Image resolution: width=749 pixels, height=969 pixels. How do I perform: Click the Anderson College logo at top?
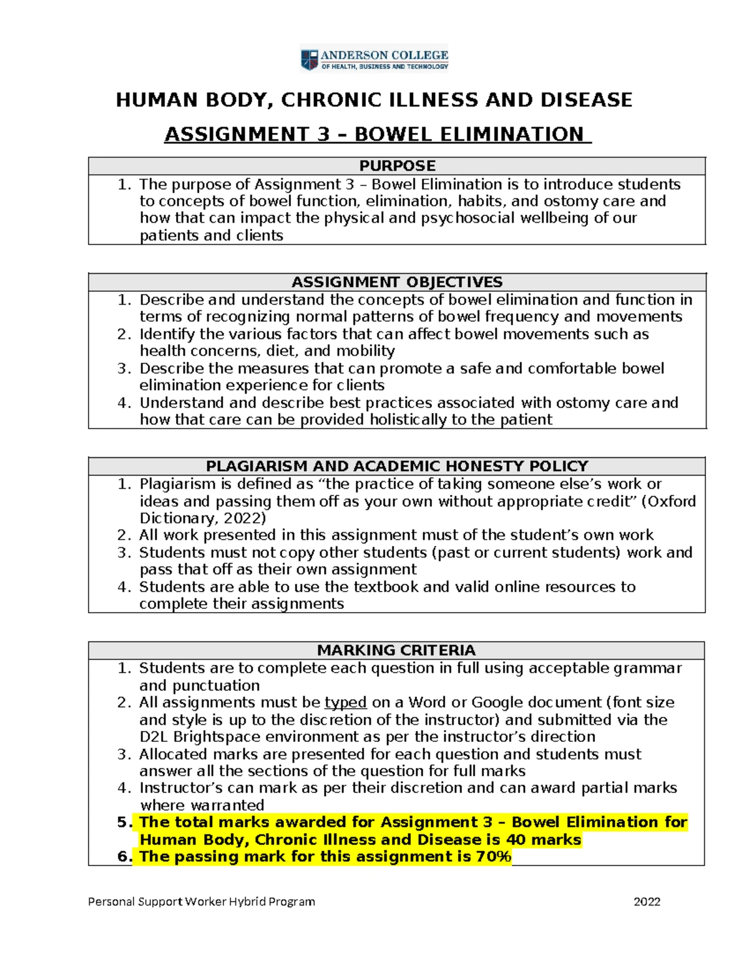click(374, 60)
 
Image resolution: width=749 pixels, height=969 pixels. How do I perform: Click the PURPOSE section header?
click(397, 166)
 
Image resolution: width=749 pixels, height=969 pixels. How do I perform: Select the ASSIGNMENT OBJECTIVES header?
click(397, 282)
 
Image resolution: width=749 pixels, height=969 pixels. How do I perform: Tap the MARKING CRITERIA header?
click(396, 650)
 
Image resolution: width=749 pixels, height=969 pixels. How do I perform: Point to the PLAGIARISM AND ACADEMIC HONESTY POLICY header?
click(397, 466)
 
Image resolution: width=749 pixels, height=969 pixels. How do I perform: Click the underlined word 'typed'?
click(345, 703)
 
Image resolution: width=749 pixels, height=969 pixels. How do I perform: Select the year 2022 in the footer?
click(647, 901)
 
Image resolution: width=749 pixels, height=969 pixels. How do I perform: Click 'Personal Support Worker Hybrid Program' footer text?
click(201, 901)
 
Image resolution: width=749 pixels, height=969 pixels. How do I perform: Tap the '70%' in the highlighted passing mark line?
click(493, 857)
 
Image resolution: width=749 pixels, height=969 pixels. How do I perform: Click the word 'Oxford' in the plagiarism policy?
click(672, 502)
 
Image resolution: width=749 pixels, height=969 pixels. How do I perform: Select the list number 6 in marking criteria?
click(124, 857)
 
